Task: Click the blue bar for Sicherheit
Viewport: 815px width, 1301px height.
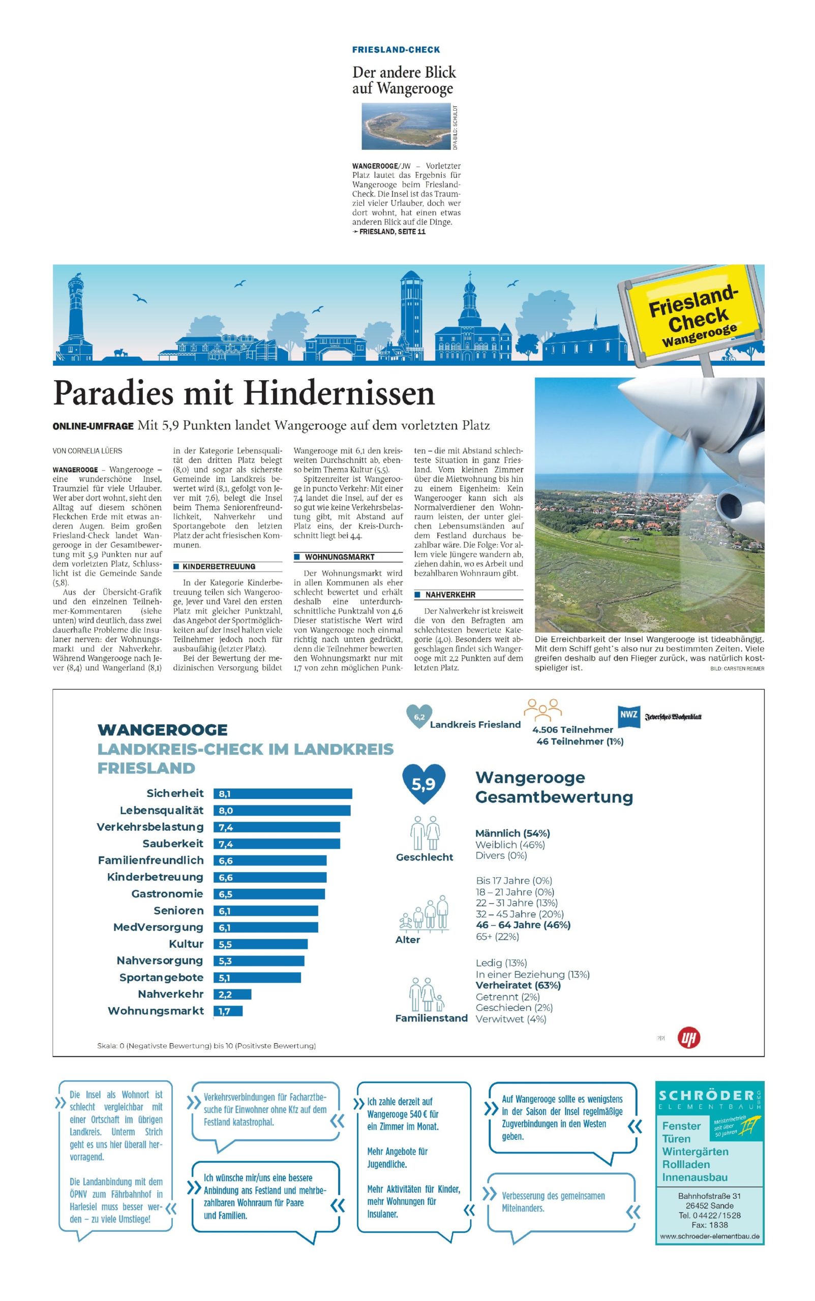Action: point(283,793)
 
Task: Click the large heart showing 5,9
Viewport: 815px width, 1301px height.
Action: point(424,783)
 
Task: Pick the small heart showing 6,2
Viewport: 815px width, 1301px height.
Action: point(419,717)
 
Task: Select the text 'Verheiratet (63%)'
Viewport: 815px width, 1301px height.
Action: point(518,985)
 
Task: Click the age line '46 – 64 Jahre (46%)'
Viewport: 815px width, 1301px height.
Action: point(523,925)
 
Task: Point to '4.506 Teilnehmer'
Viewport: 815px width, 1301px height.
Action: point(572,729)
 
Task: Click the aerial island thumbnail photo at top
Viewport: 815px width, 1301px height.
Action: point(406,127)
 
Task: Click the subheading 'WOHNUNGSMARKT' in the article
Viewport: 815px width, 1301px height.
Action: point(340,557)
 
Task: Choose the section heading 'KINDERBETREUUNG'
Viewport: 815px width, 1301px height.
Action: point(219,567)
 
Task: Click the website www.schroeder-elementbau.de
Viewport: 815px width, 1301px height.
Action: point(709,1236)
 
